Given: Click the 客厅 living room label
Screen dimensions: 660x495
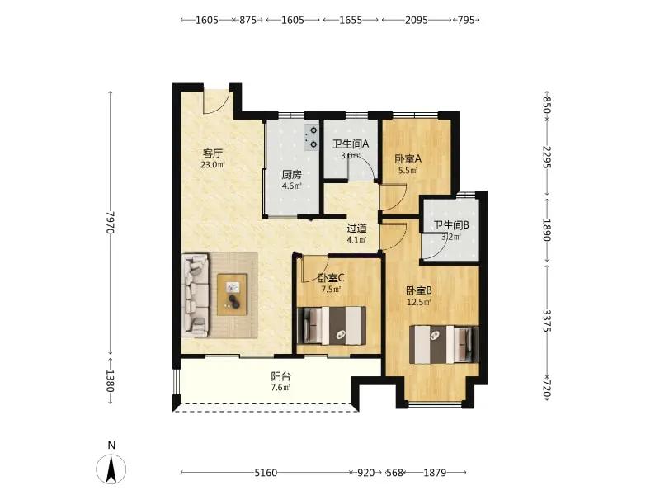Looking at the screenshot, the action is [x=213, y=153].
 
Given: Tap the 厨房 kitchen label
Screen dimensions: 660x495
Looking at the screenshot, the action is [x=292, y=175].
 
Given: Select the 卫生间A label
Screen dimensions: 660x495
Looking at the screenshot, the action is [x=351, y=144].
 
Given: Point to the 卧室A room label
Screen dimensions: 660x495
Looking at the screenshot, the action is [x=408, y=159].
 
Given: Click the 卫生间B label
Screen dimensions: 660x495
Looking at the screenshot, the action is [x=451, y=225].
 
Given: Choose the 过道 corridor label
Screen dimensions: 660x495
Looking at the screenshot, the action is [x=356, y=229].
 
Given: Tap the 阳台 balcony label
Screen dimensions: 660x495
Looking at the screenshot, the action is [x=280, y=377].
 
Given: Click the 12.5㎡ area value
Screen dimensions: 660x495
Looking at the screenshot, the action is [x=419, y=302].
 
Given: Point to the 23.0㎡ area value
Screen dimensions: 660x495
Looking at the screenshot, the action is [x=213, y=164].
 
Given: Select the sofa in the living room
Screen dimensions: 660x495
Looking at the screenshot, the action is [x=196, y=295].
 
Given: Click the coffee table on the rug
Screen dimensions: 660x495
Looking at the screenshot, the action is [x=232, y=295].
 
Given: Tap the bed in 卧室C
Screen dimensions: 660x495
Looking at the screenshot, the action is [x=332, y=326].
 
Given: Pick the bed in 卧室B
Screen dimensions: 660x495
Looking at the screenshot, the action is [x=444, y=344].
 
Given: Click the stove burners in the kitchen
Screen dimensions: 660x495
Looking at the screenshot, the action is [x=312, y=138].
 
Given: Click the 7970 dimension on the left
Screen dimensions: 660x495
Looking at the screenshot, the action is [x=111, y=222].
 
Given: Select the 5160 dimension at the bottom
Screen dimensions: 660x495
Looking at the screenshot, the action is [x=266, y=473].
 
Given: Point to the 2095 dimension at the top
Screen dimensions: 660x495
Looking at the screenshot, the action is [x=417, y=20].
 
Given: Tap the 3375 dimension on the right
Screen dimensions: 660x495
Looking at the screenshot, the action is [x=546, y=321].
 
